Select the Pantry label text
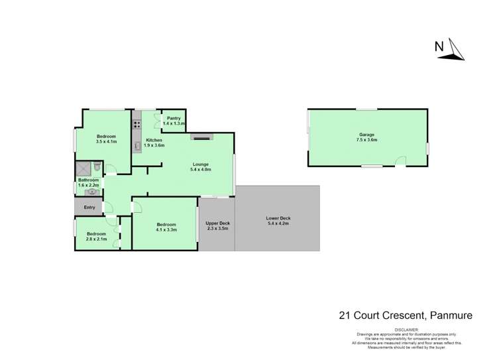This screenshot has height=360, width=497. tap(174, 118)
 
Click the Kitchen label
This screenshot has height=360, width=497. tap(154, 141)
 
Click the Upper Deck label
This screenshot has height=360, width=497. tap(217, 223)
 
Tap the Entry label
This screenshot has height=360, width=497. tap(89, 208)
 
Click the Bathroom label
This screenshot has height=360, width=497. tap(88, 180)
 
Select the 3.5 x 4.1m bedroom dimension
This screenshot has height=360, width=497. tap(106, 141)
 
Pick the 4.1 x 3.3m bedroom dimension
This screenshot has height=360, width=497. tap(166, 229)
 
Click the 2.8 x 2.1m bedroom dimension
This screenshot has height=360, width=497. tap(96, 238)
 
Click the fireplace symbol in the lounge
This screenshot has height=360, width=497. tap(201, 138)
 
